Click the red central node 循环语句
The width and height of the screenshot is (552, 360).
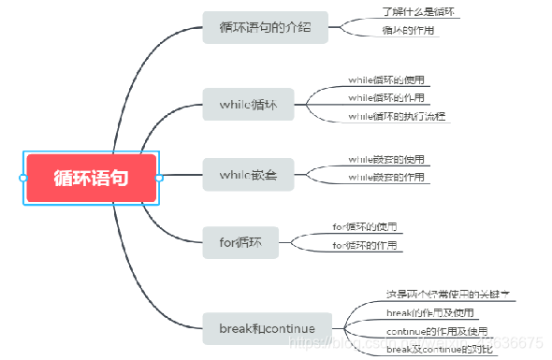click(x=91, y=177)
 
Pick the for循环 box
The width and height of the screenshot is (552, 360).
click(x=242, y=243)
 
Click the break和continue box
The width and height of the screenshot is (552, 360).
click(x=268, y=328)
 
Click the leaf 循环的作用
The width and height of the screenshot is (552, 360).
click(x=409, y=31)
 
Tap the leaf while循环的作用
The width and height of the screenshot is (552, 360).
click(x=386, y=98)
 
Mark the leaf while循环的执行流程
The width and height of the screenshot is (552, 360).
click(x=398, y=116)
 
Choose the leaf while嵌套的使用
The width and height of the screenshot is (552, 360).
click(x=386, y=159)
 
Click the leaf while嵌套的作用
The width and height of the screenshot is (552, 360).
click(x=386, y=177)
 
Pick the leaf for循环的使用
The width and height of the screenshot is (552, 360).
click(x=365, y=227)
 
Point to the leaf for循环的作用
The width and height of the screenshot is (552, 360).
click(x=365, y=245)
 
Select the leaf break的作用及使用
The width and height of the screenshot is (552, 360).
click(x=430, y=312)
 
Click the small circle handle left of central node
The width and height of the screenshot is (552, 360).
click(x=22, y=177)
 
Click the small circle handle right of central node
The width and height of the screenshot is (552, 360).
click(x=159, y=177)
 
